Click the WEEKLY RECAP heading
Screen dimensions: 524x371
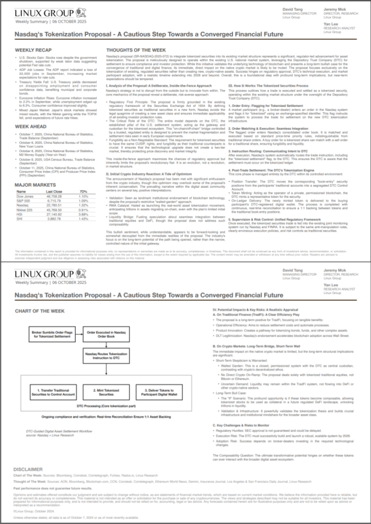coord(33,50)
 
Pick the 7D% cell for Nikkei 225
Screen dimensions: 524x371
coord(84,210)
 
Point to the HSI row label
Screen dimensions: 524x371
coord(20,215)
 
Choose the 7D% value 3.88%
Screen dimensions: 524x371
coord(84,215)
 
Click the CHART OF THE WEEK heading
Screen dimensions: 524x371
coord(39,311)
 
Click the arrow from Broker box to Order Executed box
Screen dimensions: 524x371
coord(77,335)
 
